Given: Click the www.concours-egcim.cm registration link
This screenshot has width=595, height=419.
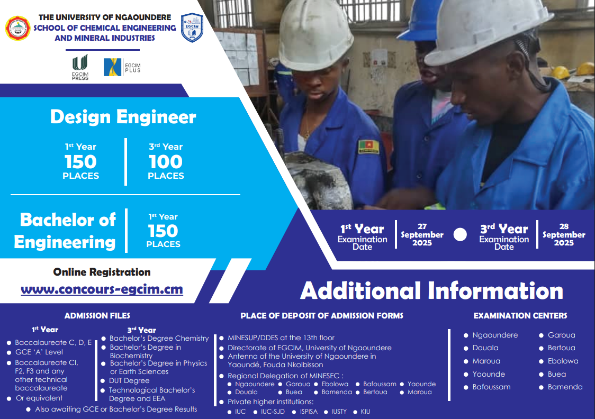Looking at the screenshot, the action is (102, 289).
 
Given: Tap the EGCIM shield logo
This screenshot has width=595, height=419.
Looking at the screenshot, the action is (192, 28).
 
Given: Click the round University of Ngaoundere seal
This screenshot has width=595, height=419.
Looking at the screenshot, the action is (17, 28).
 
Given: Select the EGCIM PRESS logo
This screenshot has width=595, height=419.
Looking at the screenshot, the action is (80, 67).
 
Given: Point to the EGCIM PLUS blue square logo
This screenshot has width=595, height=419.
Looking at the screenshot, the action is (112, 67).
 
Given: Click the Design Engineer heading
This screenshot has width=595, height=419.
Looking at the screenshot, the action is (123, 117).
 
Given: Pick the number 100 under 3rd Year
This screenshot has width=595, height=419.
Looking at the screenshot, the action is (166, 162).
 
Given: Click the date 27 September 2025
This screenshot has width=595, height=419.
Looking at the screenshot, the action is (422, 235).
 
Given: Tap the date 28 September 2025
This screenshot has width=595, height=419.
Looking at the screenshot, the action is (564, 235).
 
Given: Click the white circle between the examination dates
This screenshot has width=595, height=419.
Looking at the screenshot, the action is (460, 235).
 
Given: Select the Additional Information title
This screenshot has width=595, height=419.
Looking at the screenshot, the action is (432, 291).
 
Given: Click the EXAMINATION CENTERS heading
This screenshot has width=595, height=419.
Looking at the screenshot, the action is (520, 315).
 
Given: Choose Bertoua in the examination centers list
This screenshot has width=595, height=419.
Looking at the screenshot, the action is (561, 348).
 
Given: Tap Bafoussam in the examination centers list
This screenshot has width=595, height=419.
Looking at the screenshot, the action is (491, 387).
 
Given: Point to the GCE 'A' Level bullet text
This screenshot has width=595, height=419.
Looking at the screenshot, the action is (39, 352).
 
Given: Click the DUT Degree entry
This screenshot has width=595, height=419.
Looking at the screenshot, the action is (129, 380).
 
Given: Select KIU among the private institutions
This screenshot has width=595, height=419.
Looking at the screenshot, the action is (365, 412).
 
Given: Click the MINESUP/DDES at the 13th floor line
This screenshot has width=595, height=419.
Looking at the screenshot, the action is (281, 338).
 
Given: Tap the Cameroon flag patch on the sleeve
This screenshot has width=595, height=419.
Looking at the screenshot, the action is (368, 147).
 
